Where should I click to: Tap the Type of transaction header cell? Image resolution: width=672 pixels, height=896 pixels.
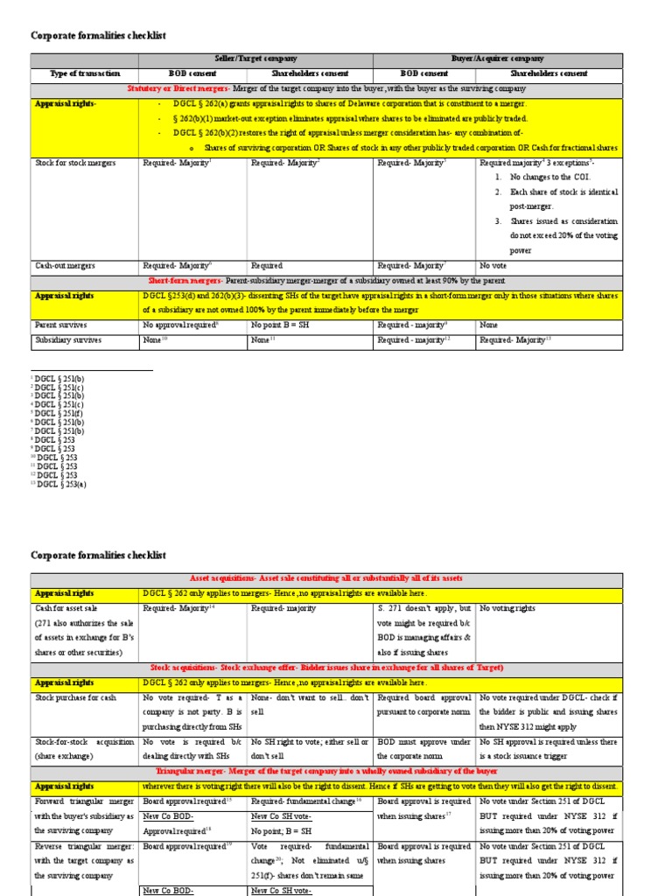(x=85, y=73)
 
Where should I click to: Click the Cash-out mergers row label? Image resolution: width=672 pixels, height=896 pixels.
(x=65, y=265)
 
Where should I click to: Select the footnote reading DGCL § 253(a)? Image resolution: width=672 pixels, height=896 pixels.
(x=60, y=484)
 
